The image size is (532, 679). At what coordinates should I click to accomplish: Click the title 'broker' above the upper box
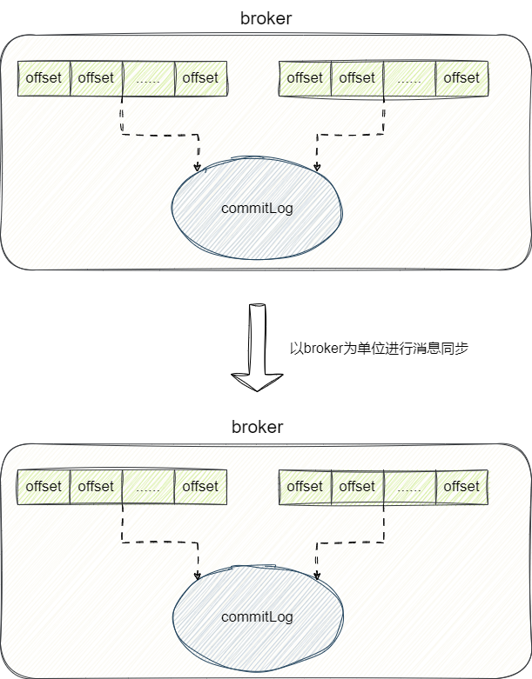[266, 17]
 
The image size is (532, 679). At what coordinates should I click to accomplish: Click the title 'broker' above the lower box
[257, 427]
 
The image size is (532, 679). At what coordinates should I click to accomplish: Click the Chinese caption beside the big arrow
[379, 348]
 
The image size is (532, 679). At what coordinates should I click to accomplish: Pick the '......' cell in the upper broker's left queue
[148, 78]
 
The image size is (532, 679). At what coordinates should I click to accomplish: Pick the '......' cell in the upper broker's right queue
[409, 78]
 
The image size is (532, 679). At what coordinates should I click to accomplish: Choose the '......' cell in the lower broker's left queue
[148, 487]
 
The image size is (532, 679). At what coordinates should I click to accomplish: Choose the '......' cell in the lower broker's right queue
[409, 487]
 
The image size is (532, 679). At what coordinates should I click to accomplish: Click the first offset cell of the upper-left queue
[44, 78]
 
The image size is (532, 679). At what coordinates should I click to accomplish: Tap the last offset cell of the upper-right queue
[461, 78]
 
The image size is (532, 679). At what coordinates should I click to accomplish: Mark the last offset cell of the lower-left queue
[200, 487]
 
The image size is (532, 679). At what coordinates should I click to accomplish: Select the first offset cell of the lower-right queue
[305, 487]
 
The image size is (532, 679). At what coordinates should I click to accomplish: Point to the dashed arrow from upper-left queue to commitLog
[161, 135]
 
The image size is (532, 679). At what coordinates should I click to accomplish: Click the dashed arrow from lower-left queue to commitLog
[161, 543]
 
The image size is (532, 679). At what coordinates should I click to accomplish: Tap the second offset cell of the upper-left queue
[96, 78]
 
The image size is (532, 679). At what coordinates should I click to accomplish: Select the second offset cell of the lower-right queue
[357, 487]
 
